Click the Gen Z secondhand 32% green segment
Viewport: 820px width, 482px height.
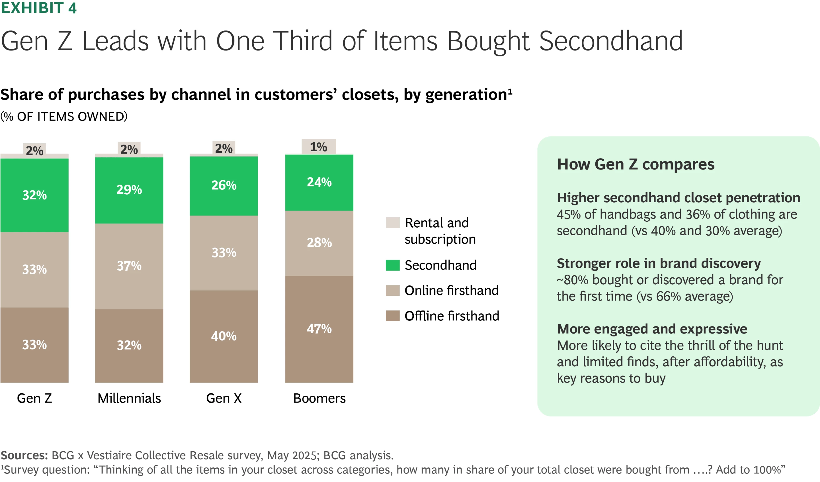34,195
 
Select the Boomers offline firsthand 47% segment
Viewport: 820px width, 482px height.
319,329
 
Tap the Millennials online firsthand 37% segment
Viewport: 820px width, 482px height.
129,266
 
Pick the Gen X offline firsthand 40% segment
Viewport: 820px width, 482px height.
224,336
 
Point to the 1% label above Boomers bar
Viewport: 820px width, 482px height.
319,147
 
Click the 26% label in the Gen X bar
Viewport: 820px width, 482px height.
224,185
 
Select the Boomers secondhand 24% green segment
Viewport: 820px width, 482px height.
319,182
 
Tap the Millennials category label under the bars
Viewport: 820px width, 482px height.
129,398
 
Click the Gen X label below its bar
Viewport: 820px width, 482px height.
224,398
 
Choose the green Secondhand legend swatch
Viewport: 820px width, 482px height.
392,265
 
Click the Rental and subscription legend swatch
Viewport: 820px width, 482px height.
392,223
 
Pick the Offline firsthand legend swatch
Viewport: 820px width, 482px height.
392,316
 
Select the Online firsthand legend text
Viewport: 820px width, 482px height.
451,291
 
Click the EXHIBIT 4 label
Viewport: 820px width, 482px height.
38,8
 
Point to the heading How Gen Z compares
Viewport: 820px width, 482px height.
636,164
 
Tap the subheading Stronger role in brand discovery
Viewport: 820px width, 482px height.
659,263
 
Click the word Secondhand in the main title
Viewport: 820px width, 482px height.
611,41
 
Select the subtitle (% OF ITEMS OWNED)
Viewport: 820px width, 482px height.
64,117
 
